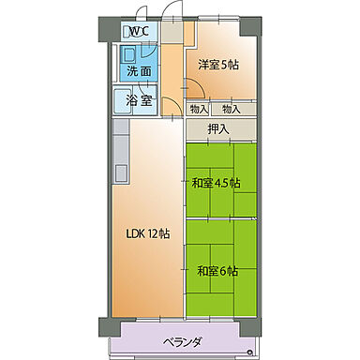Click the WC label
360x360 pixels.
click(138, 31)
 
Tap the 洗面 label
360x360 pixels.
click(138, 70)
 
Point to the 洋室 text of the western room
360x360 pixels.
click(208, 65)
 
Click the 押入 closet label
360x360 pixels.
click(218, 128)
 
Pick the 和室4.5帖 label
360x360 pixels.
click(217, 183)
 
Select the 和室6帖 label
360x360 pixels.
click(217, 271)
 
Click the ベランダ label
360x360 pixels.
click(177, 341)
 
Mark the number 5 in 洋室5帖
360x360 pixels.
click(224, 65)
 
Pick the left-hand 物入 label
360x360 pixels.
click(199, 110)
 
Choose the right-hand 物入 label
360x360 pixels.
click(232, 110)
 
